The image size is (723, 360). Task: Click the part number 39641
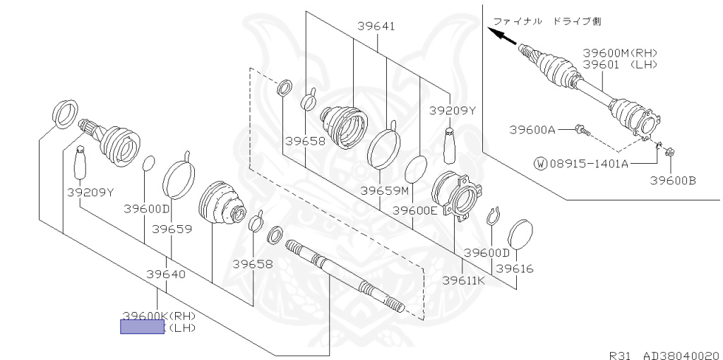click(x=376, y=26)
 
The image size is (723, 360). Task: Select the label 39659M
click(x=385, y=191)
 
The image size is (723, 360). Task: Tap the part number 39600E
click(x=414, y=210)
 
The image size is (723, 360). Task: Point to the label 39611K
click(x=463, y=280)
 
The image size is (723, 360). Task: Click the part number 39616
click(x=514, y=268)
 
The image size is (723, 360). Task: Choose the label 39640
click(x=166, y=275)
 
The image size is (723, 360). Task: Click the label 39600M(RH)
click(x=620, y=53)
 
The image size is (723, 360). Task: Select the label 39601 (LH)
click(x=620, y=64)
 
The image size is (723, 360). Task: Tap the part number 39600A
click(x=532, y=130)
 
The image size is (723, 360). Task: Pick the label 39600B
click(x=673, y=181)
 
